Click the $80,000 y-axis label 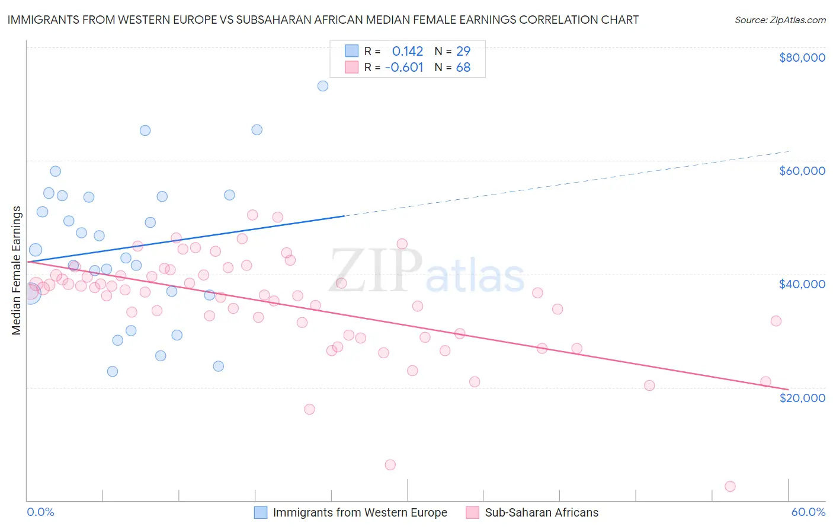pyautogui.click(x=802, y=58)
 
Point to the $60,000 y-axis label pyautogui.click(x=802, y=171)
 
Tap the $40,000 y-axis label pyautogui.click(x=802, y=284)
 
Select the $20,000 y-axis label pyautogui.click(x=802, y=398)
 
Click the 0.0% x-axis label pyautogui.click(x=40, y=512)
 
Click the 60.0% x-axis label pyautogui.click(x=808, y=512)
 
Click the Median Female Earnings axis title pyautogui.click(x=17, y=270)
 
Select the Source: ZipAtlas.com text pyautogui.click(x=780, y=20)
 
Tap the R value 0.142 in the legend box pyautogui.click(x=408, y=52)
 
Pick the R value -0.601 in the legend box pyautogui.click(x=404, y=68)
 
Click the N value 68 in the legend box pyautogui.click(x=463, y=68)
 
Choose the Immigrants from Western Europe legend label pyautogui.click(x=360, y=512)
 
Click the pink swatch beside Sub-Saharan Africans pyautogui.click(x=472, y=512)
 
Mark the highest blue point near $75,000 pyautogui.click(x=323, y=86)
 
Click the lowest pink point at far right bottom pyautogui.click(x=730, y=486)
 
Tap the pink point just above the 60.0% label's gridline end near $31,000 pyautogui.click(x=776, y=321)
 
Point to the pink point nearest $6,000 pyautogui.click(x=390, y=465)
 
